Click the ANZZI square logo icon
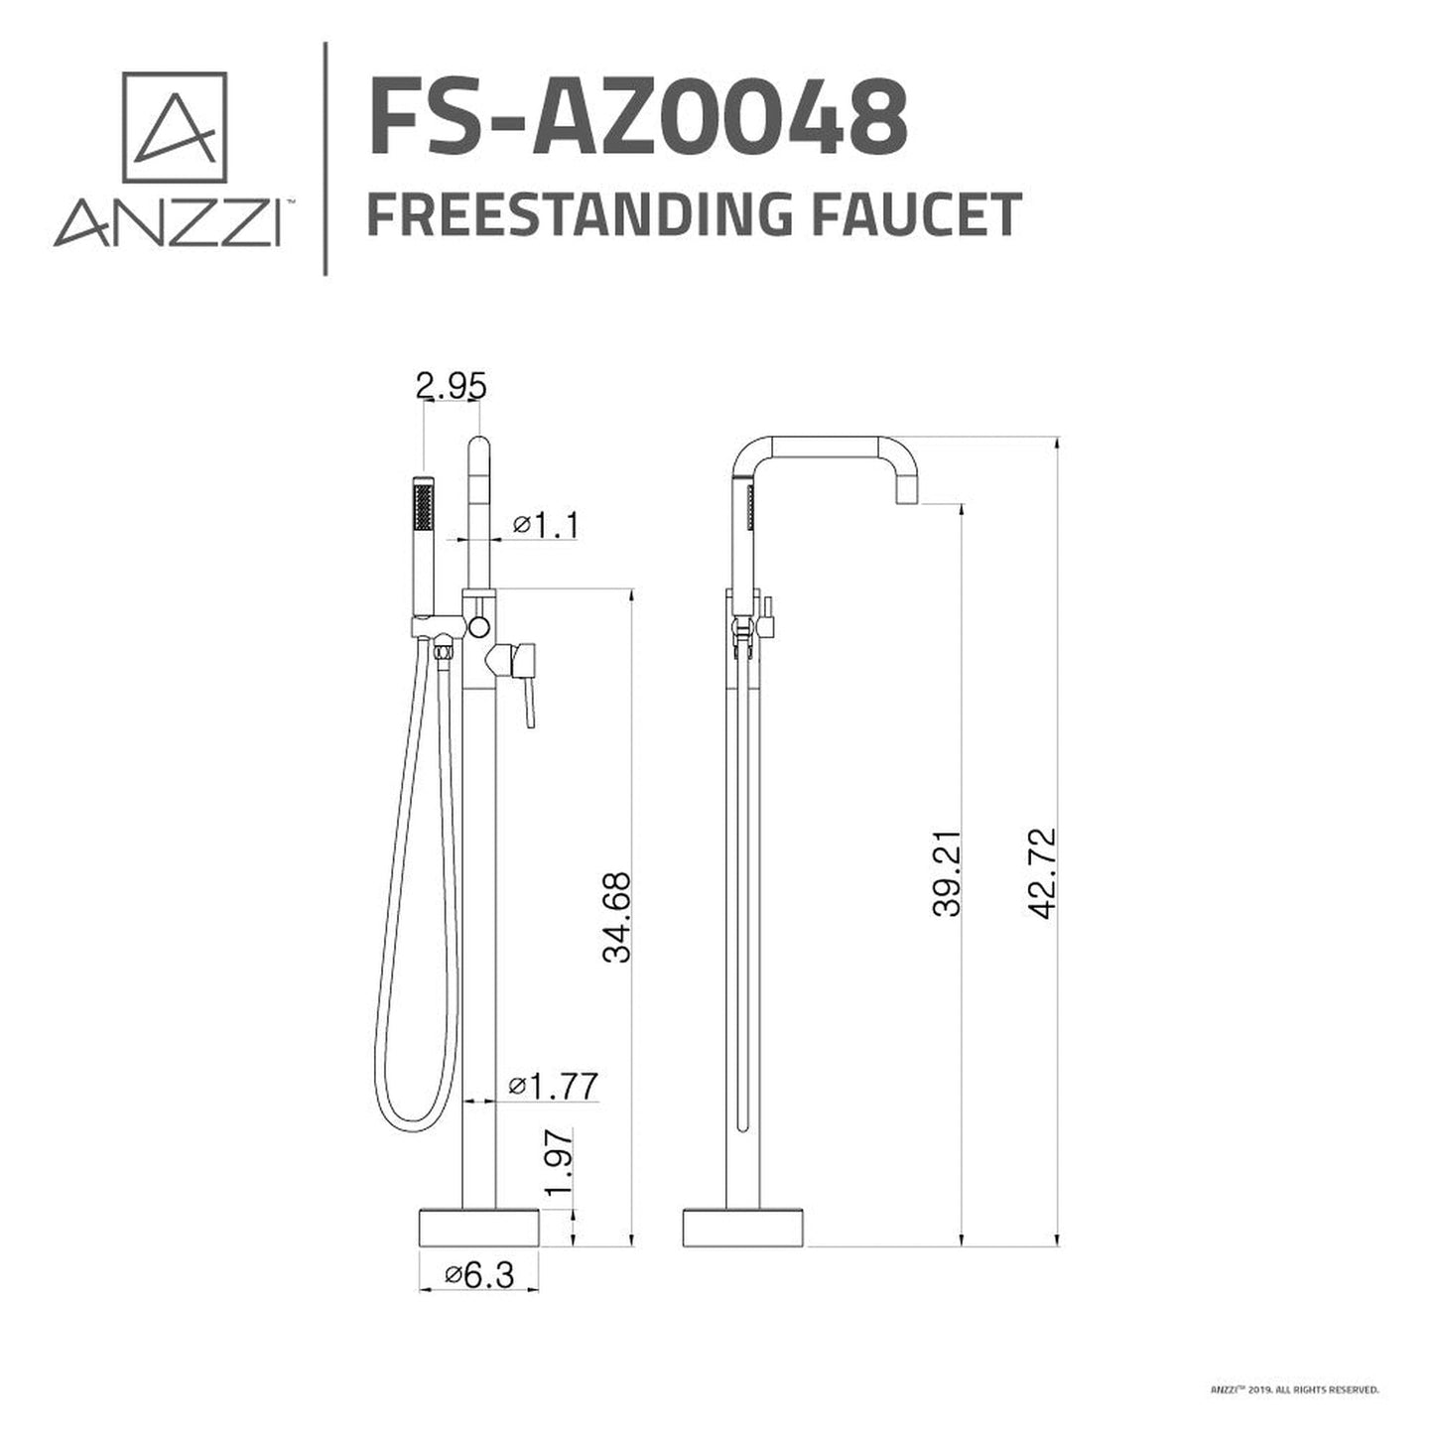click(175, 126)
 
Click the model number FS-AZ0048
click(637, 119)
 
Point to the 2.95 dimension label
click(452, 386)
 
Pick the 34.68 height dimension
click(616, 917)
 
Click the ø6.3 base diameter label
click(479, 1275)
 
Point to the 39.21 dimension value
click(948, 872)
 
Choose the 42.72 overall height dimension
click(1043, 872)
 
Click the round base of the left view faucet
click(479, 1228)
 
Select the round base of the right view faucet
click(744, 1228)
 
